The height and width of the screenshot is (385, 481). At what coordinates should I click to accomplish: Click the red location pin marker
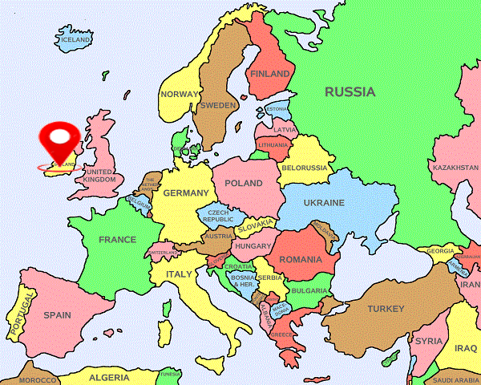(61, 141)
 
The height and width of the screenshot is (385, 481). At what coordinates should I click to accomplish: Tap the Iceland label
(75, 39)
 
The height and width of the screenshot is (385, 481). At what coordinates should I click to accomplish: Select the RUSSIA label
(350, 91)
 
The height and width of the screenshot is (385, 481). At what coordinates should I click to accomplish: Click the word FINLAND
(269, 74)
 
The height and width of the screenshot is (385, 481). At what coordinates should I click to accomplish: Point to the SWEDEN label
(218, 105)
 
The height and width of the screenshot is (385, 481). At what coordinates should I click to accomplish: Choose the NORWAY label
(178, 94)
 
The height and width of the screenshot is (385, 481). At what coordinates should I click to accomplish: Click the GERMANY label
(185, 193)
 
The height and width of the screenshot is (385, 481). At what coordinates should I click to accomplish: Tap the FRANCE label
(117, 240)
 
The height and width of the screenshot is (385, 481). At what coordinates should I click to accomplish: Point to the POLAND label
(244, 184)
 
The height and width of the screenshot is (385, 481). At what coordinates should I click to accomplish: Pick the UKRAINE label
(322, 203)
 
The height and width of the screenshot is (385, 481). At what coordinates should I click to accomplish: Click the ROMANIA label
(301, 260)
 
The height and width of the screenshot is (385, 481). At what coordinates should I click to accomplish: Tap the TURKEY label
(386, 309)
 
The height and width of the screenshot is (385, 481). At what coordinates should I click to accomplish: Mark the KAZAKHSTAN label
(455, 168)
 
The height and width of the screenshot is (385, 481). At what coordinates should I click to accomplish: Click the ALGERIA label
(109, 377)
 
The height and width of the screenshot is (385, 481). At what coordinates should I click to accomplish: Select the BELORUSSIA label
(305, 168)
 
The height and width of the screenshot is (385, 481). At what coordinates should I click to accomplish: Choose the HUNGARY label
(254, 246)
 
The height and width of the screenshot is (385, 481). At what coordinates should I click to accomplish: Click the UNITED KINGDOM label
(100, 176)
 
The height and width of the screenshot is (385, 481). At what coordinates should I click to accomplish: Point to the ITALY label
(179, 274)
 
